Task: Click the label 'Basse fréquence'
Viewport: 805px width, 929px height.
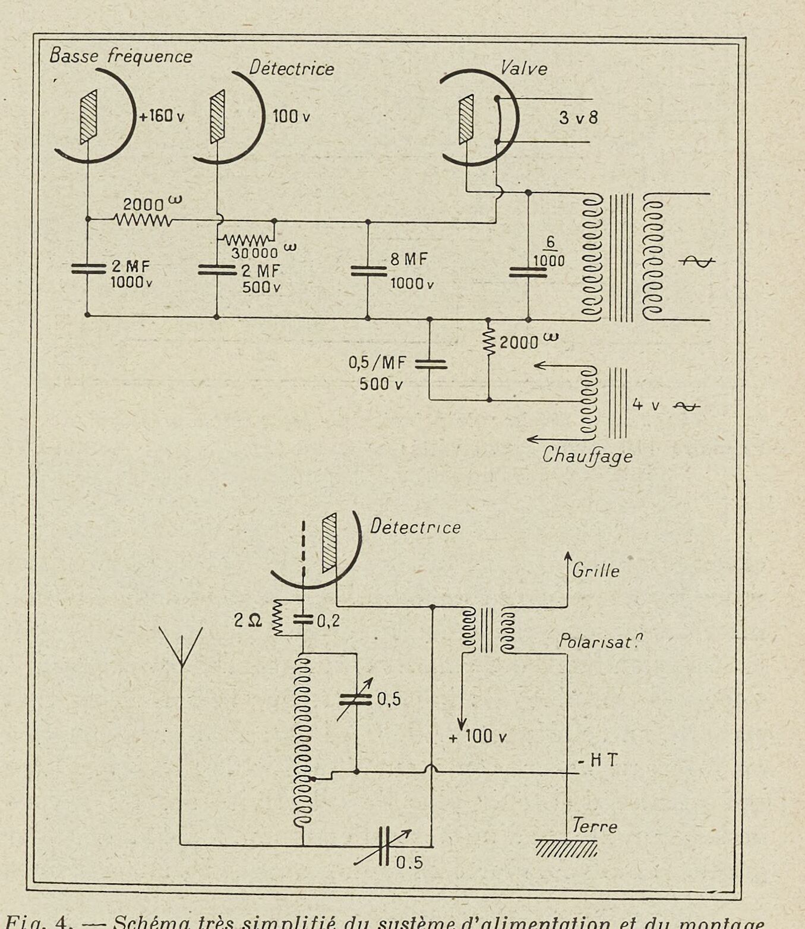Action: pyautogui.click(x=121, y=56)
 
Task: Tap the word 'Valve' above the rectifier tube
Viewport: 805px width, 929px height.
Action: pyautogui.click(x=523, y=68)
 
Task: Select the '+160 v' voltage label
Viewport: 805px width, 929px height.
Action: pyautogui.click(x=161, y=115)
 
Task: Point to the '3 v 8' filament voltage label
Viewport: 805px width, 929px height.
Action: pyautogui.click(x=578, y=118)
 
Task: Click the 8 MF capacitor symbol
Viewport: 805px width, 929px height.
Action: pyautogui.click(x=368, y=271)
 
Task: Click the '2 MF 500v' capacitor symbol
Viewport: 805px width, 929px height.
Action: pyautogui.click(x=216, y=270)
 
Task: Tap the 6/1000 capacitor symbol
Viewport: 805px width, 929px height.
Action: pyautogui.click(x=528, y=272)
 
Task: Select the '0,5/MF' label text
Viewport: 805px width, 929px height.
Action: pyautogui.click(x=376, y=362)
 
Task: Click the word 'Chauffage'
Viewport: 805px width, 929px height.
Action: pyautogui.click(x=587, y=456)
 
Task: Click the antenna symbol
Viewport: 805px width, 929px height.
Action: pyautogui.click(x=181, y=647)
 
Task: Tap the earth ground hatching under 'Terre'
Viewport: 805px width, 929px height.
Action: pyautogui.click(x=566, y=848)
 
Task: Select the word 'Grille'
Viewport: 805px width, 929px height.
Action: pyautogui.click(x=595, y=571)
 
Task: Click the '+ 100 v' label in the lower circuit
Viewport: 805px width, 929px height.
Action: pyautogui.click(x=478, y=737)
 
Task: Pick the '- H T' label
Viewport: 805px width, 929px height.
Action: pyautogui.click(x=598, y=760)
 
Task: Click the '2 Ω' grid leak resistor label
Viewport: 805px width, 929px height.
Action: pyautogui.click(x=247, y=621)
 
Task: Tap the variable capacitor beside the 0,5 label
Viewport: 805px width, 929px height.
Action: pyautogui.click(x=356, y=699)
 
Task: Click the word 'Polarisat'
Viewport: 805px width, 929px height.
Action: pyautogui.click(x=601, y=641)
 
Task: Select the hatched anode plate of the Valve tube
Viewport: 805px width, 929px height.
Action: pyautogui.click(x=466, y=119)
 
